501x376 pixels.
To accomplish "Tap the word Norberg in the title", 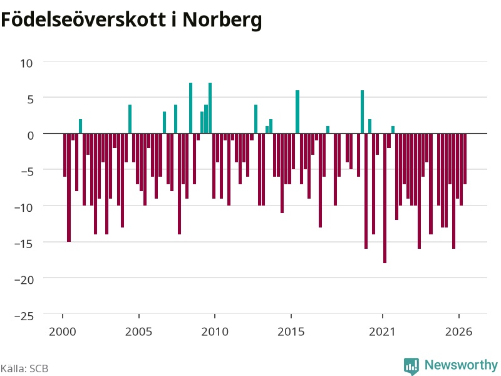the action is (222, 21).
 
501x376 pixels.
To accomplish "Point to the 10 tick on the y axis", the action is (26, 63).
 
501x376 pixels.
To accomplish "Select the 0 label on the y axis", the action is (30, 135).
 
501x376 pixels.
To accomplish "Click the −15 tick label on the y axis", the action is (24, 244).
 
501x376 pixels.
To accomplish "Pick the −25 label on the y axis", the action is (24, 316).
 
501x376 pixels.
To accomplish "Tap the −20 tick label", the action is (24, 280).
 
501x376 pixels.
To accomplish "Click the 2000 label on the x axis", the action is (62, 332).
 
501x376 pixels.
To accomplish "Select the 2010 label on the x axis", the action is (215, 332).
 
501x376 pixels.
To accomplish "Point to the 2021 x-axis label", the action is (382, 332).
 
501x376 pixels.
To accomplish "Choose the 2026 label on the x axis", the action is (458, 332).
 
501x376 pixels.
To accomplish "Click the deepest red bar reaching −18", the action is (385, 198).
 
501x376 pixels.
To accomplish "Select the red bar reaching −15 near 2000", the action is (69, 187).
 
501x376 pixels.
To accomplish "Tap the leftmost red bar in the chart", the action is (65, 155).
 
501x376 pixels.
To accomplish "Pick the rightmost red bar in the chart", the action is (465, 159).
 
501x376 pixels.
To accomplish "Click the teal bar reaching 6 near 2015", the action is (297, 112).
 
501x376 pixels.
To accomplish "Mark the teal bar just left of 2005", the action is (130, 119).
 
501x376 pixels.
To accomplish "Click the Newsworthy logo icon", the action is (411, 366).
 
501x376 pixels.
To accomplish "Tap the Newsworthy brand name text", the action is (461, 365).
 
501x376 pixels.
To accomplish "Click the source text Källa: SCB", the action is (24, 368).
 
